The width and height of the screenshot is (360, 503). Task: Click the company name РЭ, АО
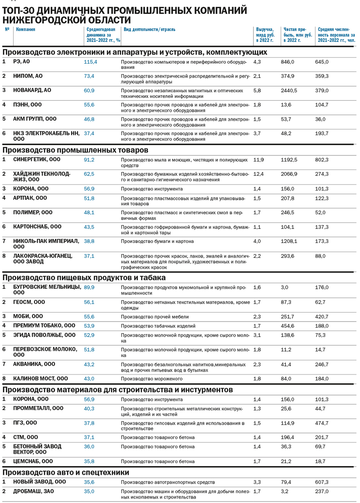(x=21, y=62)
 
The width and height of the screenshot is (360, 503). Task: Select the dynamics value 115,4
(x=90, y=62)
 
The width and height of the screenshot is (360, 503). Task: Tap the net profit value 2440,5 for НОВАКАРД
(x=289, y=91)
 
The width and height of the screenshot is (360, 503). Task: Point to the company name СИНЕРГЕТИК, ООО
(x=36, y=160)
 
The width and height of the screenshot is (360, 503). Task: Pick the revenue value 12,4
(x=258, y=174)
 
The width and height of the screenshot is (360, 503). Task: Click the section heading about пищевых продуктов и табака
(x=84, y=278)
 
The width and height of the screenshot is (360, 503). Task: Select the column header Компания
(x=26, y=29)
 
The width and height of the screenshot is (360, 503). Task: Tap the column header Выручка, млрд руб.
(x=265, y=35)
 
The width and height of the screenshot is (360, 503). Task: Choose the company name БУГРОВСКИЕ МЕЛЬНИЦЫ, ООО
(x=47, y=290)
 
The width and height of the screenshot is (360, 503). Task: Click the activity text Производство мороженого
(x=152, y=379)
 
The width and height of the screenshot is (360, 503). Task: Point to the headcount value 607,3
(x=322, y=482)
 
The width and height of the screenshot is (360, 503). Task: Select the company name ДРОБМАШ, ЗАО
(x=33, y=491)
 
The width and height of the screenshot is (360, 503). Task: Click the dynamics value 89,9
(x=89, y=287)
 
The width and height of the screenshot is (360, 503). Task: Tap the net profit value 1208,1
(x=289, y=241)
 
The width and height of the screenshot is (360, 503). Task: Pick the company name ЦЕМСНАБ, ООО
(x=33, y=462)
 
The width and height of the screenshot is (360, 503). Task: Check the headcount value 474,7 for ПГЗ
(x=322, y=423)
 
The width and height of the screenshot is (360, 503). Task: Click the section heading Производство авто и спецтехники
(x=66, y=473)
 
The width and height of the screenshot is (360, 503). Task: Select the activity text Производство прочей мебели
(x=155, y=317)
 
